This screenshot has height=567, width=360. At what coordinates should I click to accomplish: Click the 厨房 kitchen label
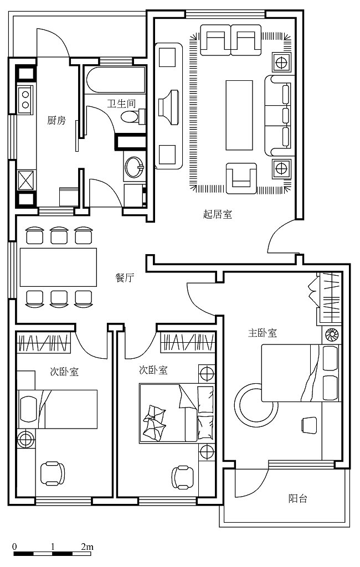point(56,120)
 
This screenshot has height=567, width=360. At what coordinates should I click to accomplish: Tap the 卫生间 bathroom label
point(121,104)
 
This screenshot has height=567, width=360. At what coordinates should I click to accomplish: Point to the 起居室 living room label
point(217,214)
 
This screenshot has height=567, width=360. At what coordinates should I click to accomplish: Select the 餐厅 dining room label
point(125,278)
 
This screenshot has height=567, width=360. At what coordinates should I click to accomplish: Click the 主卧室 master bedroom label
point(263,333)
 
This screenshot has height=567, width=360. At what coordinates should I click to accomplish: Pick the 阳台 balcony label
point(298,499)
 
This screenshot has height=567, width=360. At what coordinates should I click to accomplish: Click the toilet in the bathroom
point(132,116)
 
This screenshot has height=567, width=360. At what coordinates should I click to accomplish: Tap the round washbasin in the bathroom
point(134,167)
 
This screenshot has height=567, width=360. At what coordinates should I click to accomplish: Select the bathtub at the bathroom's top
point(115,80)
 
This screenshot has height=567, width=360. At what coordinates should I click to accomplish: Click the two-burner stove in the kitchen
point(25,100)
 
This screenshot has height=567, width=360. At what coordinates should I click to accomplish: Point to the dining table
point(58,267)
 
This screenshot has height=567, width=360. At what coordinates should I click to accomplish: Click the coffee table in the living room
point(239,115)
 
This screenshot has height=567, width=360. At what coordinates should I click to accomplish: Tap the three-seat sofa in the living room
point(278,116)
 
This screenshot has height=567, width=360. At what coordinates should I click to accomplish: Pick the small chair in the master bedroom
point(308,424)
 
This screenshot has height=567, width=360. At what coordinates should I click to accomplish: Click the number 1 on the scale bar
point(53,546)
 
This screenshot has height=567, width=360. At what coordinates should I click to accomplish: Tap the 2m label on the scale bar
point(87,546)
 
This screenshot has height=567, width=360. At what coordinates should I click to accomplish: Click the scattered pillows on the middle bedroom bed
point(153,421)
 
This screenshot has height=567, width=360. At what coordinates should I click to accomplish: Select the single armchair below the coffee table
point(241,178)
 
